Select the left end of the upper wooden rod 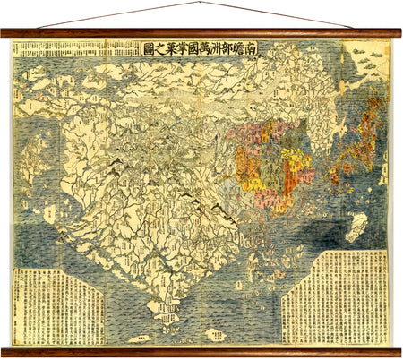click(4, 34)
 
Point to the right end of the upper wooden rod click(398, 34)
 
